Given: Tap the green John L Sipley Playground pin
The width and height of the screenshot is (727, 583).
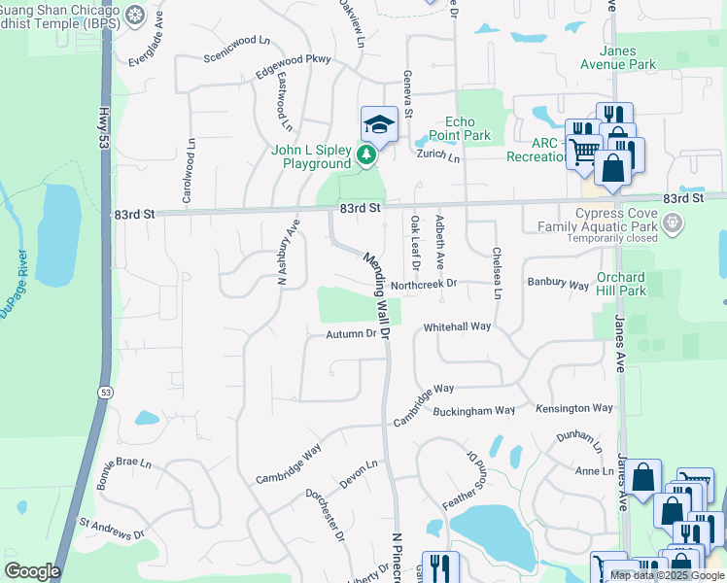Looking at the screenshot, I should click(365, 154).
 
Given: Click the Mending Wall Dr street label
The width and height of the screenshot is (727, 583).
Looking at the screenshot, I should click(377, 295).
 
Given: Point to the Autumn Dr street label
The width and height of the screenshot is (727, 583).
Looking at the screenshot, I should click(351, 334).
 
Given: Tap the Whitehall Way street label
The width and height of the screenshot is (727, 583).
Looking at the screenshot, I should click(457, 327).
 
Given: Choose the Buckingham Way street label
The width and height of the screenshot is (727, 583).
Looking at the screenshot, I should click(473, 411).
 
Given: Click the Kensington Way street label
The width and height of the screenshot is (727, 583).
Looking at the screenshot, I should click(577, 409).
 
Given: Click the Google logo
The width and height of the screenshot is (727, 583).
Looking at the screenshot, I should click(32, 571).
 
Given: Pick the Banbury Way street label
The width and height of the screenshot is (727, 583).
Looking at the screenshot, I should click(558, 285).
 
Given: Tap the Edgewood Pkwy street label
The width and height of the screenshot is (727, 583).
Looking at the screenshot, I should click(293, 65).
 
